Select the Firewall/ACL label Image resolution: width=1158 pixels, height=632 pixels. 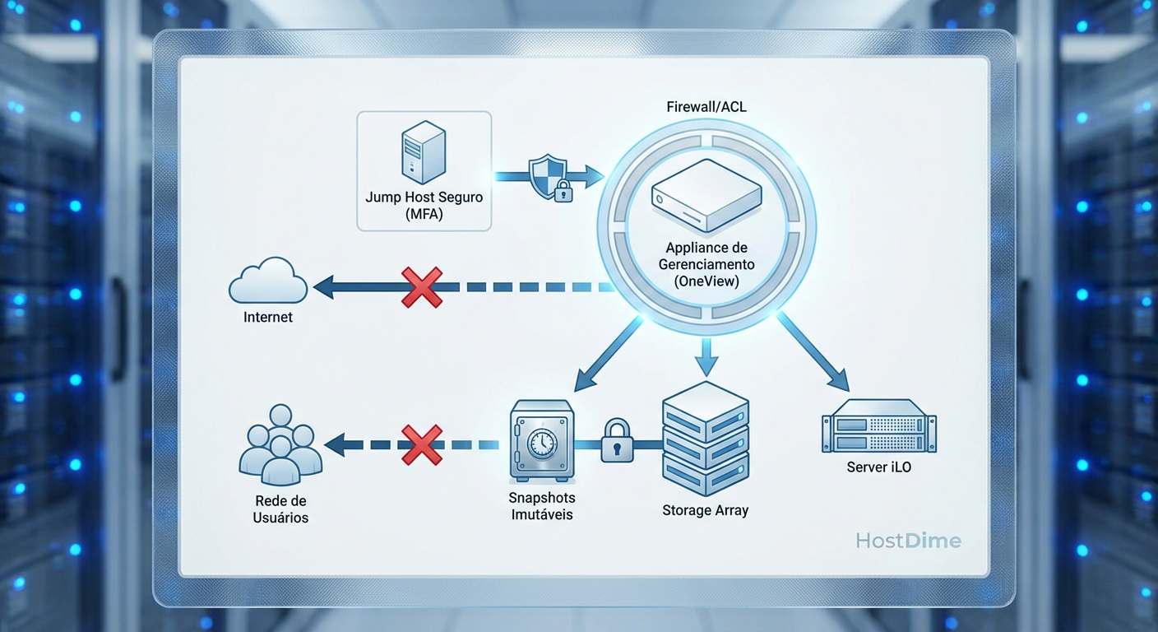(706, 107)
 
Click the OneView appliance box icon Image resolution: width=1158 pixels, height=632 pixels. (706, 197)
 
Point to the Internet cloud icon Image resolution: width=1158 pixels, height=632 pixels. (268, 281)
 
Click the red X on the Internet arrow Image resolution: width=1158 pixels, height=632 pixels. (422, 287)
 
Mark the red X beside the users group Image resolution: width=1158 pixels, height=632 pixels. (422, 445)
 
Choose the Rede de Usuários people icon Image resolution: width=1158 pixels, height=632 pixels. (280, 444)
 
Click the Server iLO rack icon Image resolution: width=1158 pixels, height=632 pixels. (878, 426)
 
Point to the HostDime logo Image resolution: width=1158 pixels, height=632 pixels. (908, 541)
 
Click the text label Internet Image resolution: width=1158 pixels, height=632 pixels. (268, 317)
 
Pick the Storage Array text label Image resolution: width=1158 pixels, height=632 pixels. (705, 510)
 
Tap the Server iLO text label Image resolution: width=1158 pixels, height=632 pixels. (878, 467)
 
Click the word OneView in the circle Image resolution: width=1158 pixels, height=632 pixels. (706, 281)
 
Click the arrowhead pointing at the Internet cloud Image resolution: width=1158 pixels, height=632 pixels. (326, 287)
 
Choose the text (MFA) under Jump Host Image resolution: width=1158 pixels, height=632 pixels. (424, 215)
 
